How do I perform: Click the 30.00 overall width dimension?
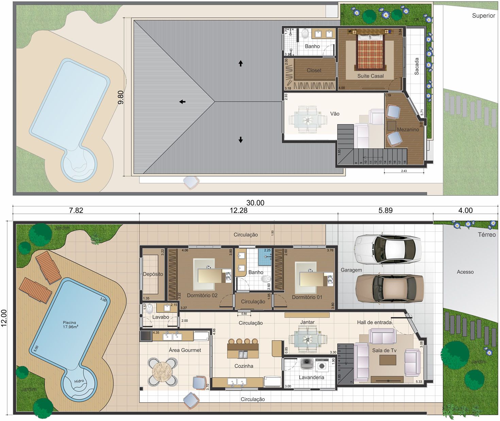pyautogui.click(x=255, y=203)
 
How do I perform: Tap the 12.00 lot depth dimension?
pyautogui.click(x=4, y=318)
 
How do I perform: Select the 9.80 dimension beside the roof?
pyautogui.click(x=121, y=97)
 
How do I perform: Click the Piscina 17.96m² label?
pyautogui.click(x=70, y=324)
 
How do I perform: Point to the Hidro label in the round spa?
pyautogui.click(x=79, y=381)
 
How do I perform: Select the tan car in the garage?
pyautogui.click(x=389, y=288)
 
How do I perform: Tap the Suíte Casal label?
pyautogui.click(x=370, y=76)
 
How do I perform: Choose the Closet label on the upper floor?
pyautogui.click(x=314, y=70)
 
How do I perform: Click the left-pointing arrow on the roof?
pyautogui.click(x=182, y=102)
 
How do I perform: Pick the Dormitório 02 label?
pyautogui.click(x=202, y=296)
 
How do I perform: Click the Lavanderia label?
pyautogui.click(x=311, y=377)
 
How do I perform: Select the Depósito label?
pyautogui.click(x=153, y=274)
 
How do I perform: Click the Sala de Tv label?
pyautogui.click(x=384, y=350)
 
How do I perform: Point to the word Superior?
pyautogui.click(x=483, y=16)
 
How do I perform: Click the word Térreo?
pyautogui.click(x=486, y=235)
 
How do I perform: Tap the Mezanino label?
pyautogui.click(x=408, y=130)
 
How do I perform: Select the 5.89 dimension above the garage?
pyautogui.click(x=385, y=210)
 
